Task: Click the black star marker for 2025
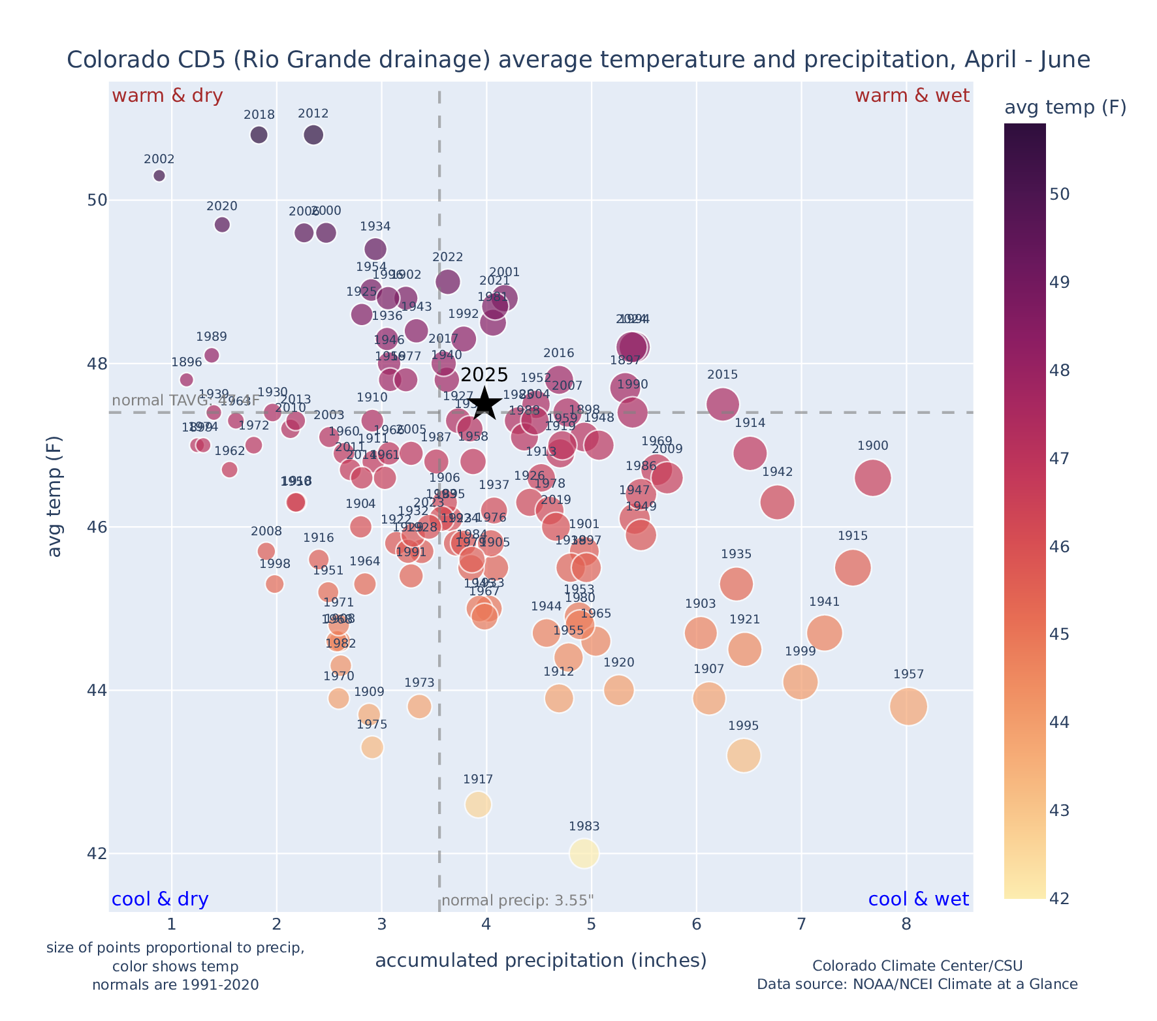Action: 484,403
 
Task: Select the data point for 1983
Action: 584,853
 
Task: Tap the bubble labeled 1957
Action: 908,706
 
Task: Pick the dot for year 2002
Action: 159,176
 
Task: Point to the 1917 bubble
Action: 478,804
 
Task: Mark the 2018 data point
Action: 259,135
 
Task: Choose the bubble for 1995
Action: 743,755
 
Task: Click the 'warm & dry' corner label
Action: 167,96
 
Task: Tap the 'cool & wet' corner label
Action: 918,900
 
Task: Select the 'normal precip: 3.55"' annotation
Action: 518,901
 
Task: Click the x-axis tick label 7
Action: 801,924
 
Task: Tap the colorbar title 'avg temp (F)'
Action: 1065,108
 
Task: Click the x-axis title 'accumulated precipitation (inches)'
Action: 541,960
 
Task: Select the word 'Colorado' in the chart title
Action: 108,60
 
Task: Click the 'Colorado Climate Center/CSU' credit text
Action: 917,966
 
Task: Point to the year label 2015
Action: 722,375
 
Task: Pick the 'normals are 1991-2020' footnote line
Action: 176,984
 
